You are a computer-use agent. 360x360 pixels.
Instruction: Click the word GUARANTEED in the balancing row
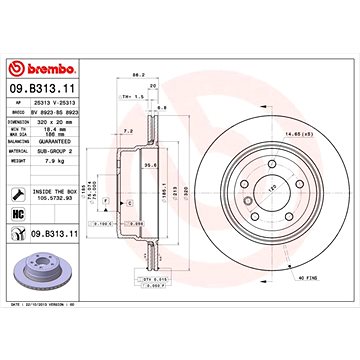[59, 143]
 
